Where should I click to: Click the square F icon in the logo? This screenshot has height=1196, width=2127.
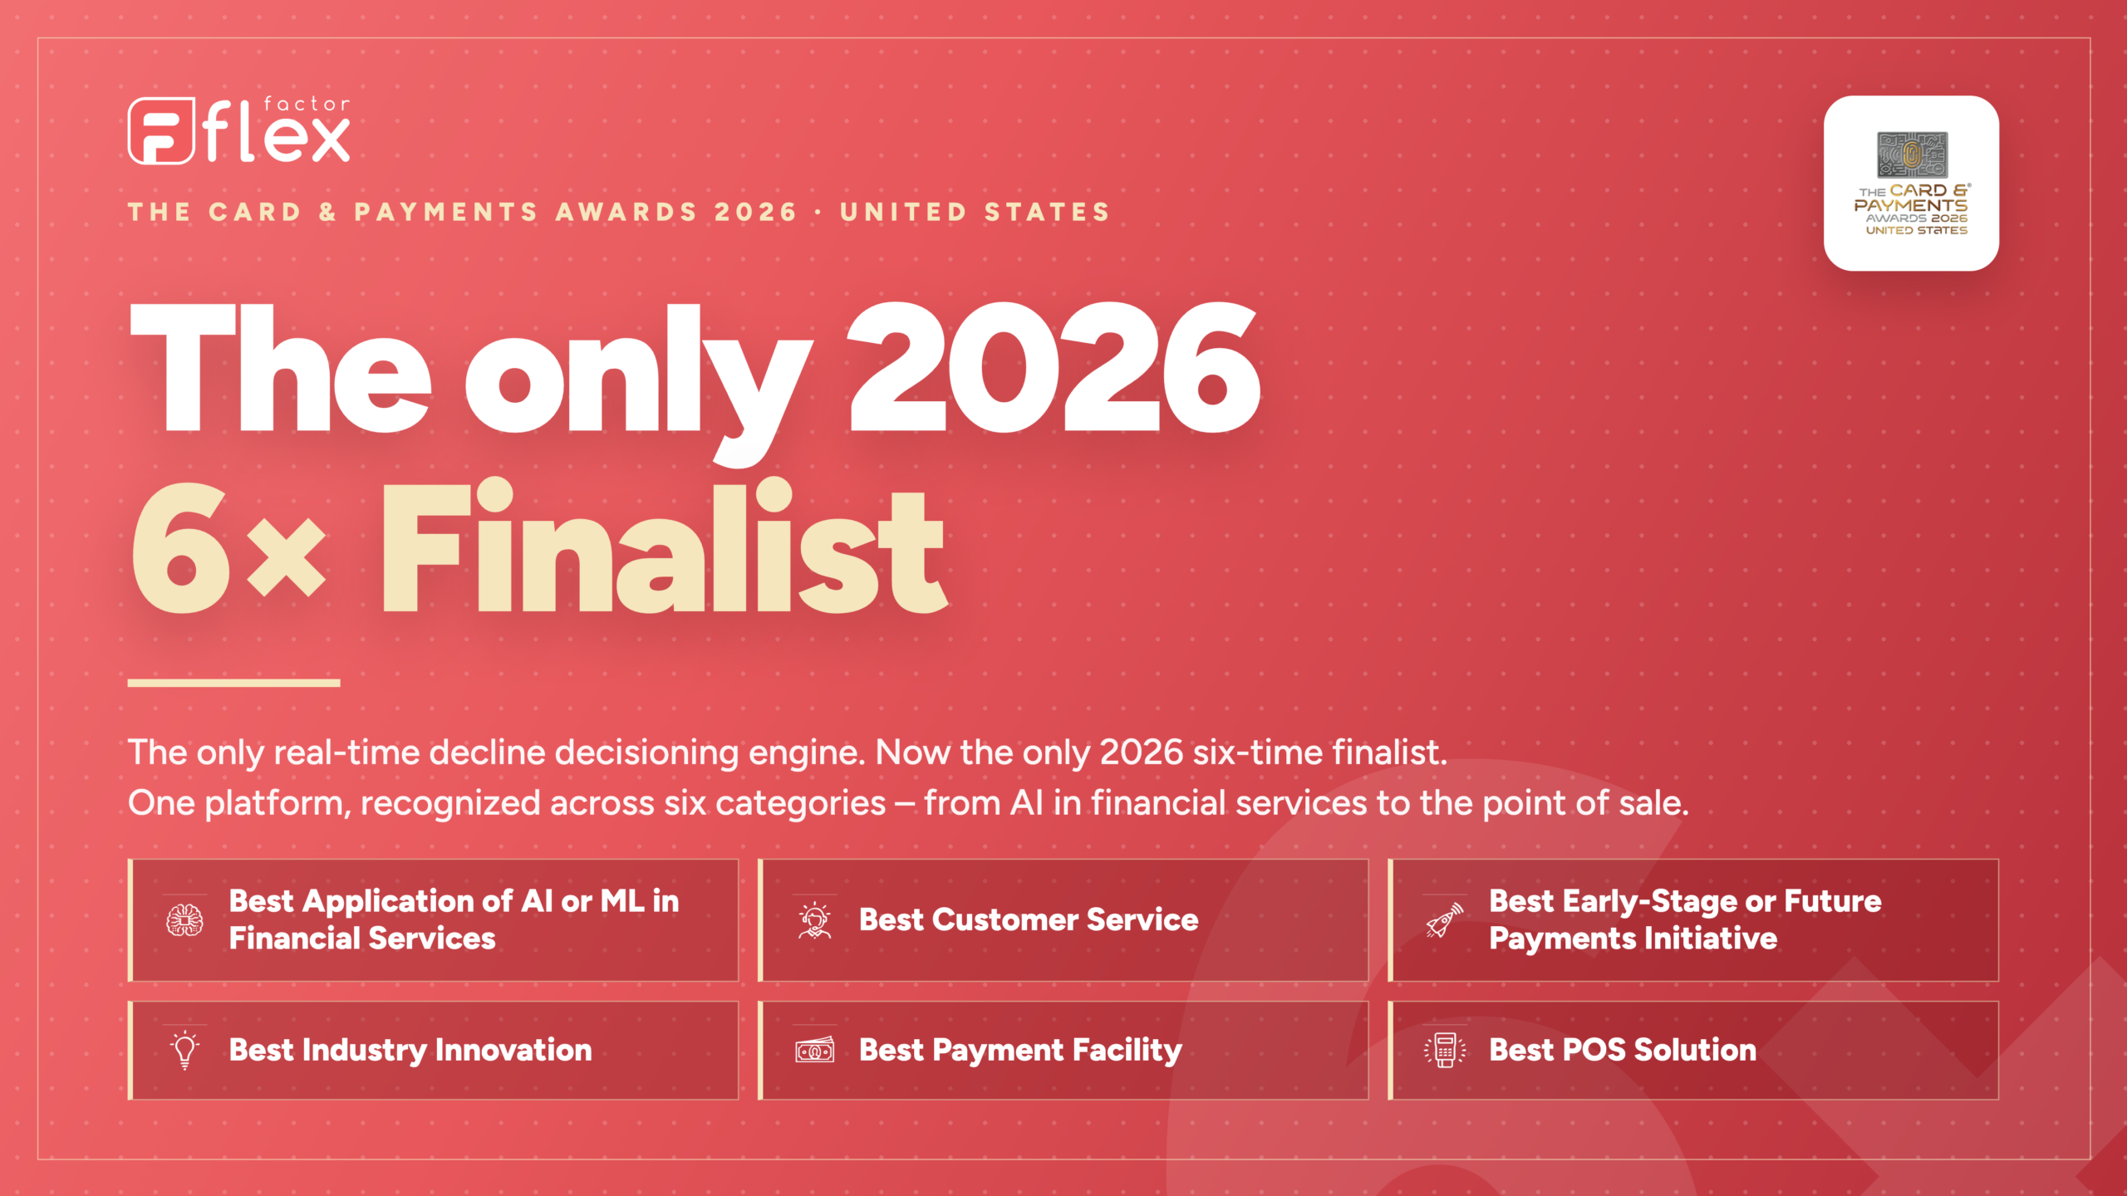[x=161, y=130]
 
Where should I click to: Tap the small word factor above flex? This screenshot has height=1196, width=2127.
[x=307, y=104]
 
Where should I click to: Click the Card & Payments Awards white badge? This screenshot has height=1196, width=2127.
[x=1911, y=183]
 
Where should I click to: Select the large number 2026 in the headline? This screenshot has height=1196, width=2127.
[x=1054, y=366]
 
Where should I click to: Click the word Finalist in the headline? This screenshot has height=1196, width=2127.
[x=664, y=546]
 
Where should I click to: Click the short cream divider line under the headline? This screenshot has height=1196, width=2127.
[x=234, y=683]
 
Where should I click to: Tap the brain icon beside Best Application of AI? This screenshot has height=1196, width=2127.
[x=184, y=920]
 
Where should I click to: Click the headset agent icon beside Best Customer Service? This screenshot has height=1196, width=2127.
[x=814, y=920]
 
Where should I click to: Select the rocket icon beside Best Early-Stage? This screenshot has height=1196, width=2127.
[x=1445, y=920]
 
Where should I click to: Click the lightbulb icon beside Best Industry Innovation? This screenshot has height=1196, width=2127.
[x=184, y=1050]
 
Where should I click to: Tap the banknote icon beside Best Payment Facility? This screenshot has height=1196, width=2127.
[x=814, y=1050]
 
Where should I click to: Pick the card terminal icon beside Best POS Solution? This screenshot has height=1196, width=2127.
[x=1445, y=1050]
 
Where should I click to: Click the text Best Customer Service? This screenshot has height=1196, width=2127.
[x=1029, y=919]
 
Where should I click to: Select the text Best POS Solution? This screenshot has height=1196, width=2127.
[x=1623, y=1050]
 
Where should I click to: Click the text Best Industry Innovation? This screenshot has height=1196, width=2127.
[x=410, y=1050]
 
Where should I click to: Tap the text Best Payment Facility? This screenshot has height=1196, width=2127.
[x=1020, y=1051]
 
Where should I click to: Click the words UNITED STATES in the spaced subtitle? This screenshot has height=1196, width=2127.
[x=975, y=212]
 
